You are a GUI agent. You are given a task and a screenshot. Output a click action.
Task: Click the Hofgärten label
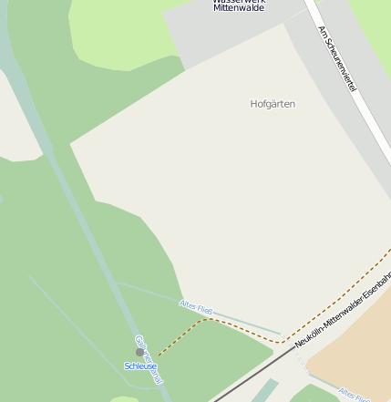click(x=273, y=104)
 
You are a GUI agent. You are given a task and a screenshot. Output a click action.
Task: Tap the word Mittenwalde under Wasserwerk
click(x=239, y=8)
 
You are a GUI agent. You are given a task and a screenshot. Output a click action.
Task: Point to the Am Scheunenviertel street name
click(x=336, y=57)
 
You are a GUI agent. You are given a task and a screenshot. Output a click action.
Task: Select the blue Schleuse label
click(x=140, y=366)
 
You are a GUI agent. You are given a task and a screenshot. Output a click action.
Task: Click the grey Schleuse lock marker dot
click(x=139, y=352)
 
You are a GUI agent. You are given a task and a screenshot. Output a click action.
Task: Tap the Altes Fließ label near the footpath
click(x=196, y=307)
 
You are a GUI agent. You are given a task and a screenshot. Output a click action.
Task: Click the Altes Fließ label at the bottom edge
click(x=353, y=394)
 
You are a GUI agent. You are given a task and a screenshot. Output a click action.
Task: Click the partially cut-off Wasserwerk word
click(x=239, y=2)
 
